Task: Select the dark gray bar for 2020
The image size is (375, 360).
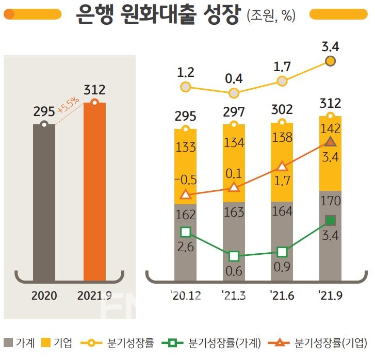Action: (x=44, y=201)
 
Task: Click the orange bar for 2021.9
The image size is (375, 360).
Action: (x=94, y=191)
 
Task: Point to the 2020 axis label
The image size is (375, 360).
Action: (x=44, y=297)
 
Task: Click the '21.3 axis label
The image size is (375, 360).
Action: (x=234, y=297)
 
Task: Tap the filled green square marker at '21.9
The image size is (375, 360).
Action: (x=331, y=220)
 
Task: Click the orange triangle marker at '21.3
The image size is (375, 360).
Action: (x=234, y=187)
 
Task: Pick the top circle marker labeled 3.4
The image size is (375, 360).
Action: (x=331, y=61)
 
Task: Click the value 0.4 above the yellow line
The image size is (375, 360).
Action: (x=234, y=79)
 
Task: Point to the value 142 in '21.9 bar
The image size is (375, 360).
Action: (x=331, y=128)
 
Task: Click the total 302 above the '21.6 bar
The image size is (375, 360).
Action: (x=282, y=109)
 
